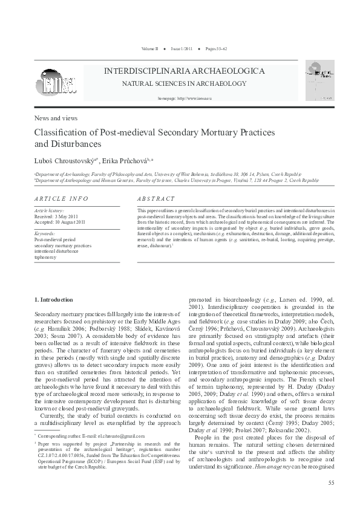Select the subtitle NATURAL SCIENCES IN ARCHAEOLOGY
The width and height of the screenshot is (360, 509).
[176, 83]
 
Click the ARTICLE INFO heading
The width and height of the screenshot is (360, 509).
[61, 199]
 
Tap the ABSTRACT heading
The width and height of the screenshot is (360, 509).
[156, 199]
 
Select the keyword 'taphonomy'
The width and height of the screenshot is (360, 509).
[46, 257]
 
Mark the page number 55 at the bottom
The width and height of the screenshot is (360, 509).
[330, 482]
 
